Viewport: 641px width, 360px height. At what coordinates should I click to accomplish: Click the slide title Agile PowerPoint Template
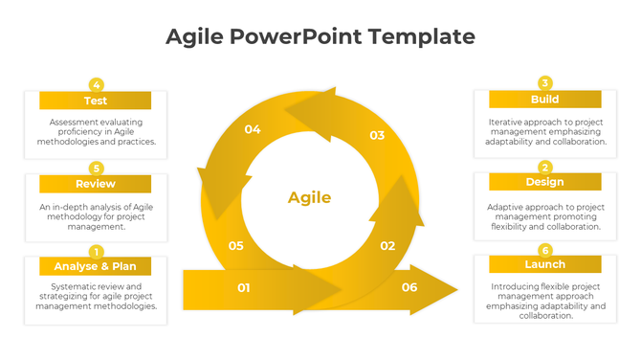tap(320, 36)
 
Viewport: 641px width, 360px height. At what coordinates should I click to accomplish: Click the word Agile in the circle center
tap(309, 198)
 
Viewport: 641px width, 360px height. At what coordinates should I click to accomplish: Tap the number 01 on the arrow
tap(244, 287)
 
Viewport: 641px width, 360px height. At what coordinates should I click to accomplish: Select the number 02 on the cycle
tap(387, 246)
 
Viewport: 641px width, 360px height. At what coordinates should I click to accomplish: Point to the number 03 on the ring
tap(377, 136)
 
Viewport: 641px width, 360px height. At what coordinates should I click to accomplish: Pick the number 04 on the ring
tap(253, 129)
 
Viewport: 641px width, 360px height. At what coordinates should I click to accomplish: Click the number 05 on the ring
tap(236, 246)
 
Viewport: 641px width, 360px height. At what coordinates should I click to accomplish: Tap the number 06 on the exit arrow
tap(409, 287)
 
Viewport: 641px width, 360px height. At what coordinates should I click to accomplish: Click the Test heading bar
tap(95, 101)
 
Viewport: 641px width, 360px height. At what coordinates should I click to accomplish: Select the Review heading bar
tap(95, 184)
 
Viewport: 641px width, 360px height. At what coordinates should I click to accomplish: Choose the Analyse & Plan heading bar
tap(95, 266)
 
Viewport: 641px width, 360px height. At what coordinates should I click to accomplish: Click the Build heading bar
tap(544, 100)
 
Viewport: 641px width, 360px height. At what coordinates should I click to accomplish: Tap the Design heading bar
tap(544, 182)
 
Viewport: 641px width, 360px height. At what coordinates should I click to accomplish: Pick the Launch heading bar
tap(544, 264)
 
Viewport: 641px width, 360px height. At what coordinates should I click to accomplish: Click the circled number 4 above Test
tap(96, 84)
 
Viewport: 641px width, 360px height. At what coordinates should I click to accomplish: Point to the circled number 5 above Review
tap(96, 168)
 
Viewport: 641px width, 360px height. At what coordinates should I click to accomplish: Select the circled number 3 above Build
tap(545, 83)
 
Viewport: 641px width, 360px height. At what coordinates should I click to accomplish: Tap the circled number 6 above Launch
tap(545, 250)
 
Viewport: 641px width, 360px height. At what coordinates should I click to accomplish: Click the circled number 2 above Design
tap(545, 167)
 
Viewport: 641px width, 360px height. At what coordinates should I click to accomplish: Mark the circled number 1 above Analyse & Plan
tap(96, 251)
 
